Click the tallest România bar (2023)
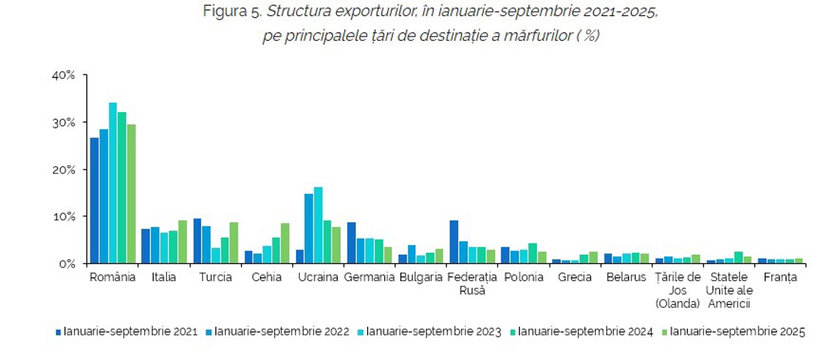point(113,183)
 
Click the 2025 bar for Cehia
point(285,243)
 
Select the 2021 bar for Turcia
point(197,241)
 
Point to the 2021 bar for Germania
point(351,243)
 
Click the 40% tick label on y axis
point(64,76)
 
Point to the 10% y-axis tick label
point(64,217)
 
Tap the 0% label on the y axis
point(67,264)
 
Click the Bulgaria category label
point(421,277)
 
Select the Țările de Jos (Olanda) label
point(677,290)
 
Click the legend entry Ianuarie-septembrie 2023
point(433,332)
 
